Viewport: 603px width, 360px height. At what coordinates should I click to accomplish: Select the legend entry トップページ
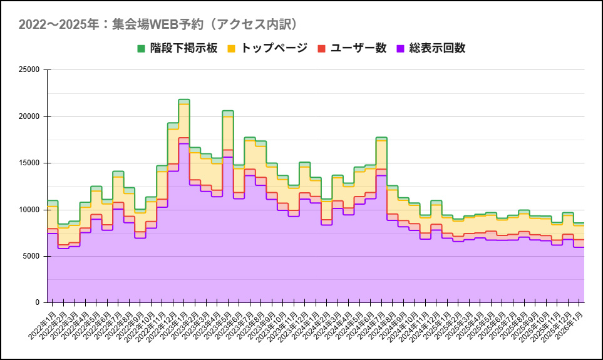pos(274,48)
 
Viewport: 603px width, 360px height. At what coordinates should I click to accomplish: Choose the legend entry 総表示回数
pos(437,48)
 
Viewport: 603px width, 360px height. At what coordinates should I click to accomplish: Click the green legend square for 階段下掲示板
pos(141,48)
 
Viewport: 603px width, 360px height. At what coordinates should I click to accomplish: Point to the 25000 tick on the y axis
pos(29,70)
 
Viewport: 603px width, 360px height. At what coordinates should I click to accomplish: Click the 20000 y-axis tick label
pos(29,116)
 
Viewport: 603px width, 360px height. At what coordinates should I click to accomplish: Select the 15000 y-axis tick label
pos(29,163)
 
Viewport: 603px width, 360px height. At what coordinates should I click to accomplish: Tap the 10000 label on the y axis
pos(29,210)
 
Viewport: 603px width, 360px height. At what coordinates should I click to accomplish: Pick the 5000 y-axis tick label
pos(31,256)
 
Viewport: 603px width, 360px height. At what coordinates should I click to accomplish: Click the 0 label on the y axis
pos(38,302)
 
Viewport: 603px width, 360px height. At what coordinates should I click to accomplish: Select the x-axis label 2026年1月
pos(570,324)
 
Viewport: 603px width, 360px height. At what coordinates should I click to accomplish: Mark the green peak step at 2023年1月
pos(183,100)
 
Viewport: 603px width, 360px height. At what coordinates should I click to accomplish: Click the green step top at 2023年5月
pos(228,111)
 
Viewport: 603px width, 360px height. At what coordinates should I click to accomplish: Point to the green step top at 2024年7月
pos(381,137)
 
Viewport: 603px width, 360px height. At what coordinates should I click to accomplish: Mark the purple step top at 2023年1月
pos(183,143)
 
